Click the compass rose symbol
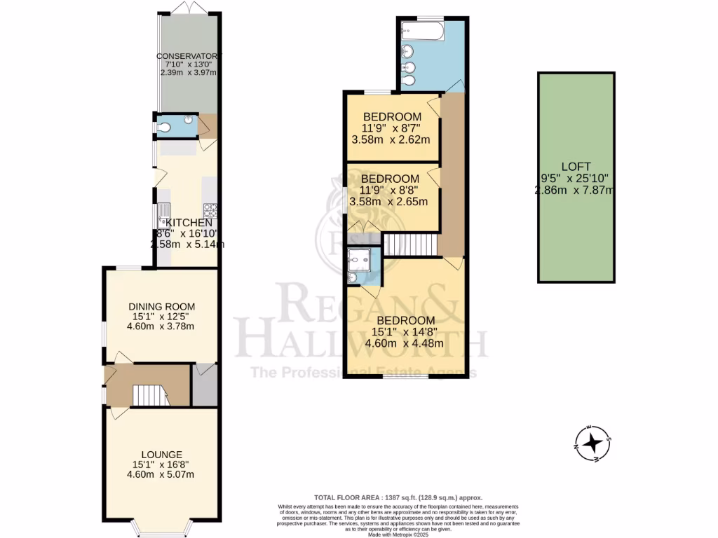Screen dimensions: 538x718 (593, 443)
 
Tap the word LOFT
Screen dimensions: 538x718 (576, 167)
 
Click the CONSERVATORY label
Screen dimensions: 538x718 (188, 56)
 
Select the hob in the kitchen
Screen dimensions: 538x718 (210, 208)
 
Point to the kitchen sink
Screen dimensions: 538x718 (163, 209)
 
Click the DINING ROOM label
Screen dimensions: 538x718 (161, 306)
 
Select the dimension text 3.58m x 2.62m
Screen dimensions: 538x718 (391, 139)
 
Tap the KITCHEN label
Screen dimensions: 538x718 (189, 223)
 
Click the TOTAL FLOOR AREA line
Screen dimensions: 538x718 (398, 497)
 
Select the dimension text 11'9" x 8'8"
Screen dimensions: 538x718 (391, 190)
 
